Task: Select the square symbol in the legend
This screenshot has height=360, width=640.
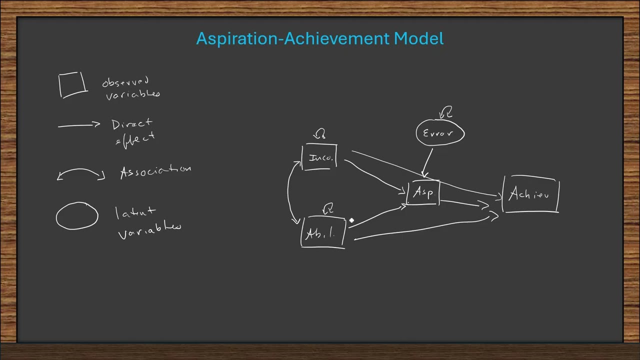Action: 73,84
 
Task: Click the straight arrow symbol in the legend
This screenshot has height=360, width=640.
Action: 79,125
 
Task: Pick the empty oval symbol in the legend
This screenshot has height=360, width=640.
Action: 77,216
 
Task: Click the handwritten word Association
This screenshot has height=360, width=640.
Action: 155,171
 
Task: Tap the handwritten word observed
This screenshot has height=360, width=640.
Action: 125,81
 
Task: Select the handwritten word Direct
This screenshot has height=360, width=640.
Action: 131,124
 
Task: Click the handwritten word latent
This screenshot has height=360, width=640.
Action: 135,213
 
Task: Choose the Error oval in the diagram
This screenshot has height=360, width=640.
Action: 440,133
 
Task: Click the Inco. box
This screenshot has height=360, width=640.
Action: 320,157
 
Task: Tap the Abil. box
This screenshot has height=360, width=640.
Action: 323,232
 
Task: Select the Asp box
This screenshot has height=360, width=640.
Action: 424,193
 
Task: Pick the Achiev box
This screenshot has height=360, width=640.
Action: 530,194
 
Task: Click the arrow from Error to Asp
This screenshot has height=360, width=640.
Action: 428,161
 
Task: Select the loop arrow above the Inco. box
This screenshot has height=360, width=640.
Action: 319,134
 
